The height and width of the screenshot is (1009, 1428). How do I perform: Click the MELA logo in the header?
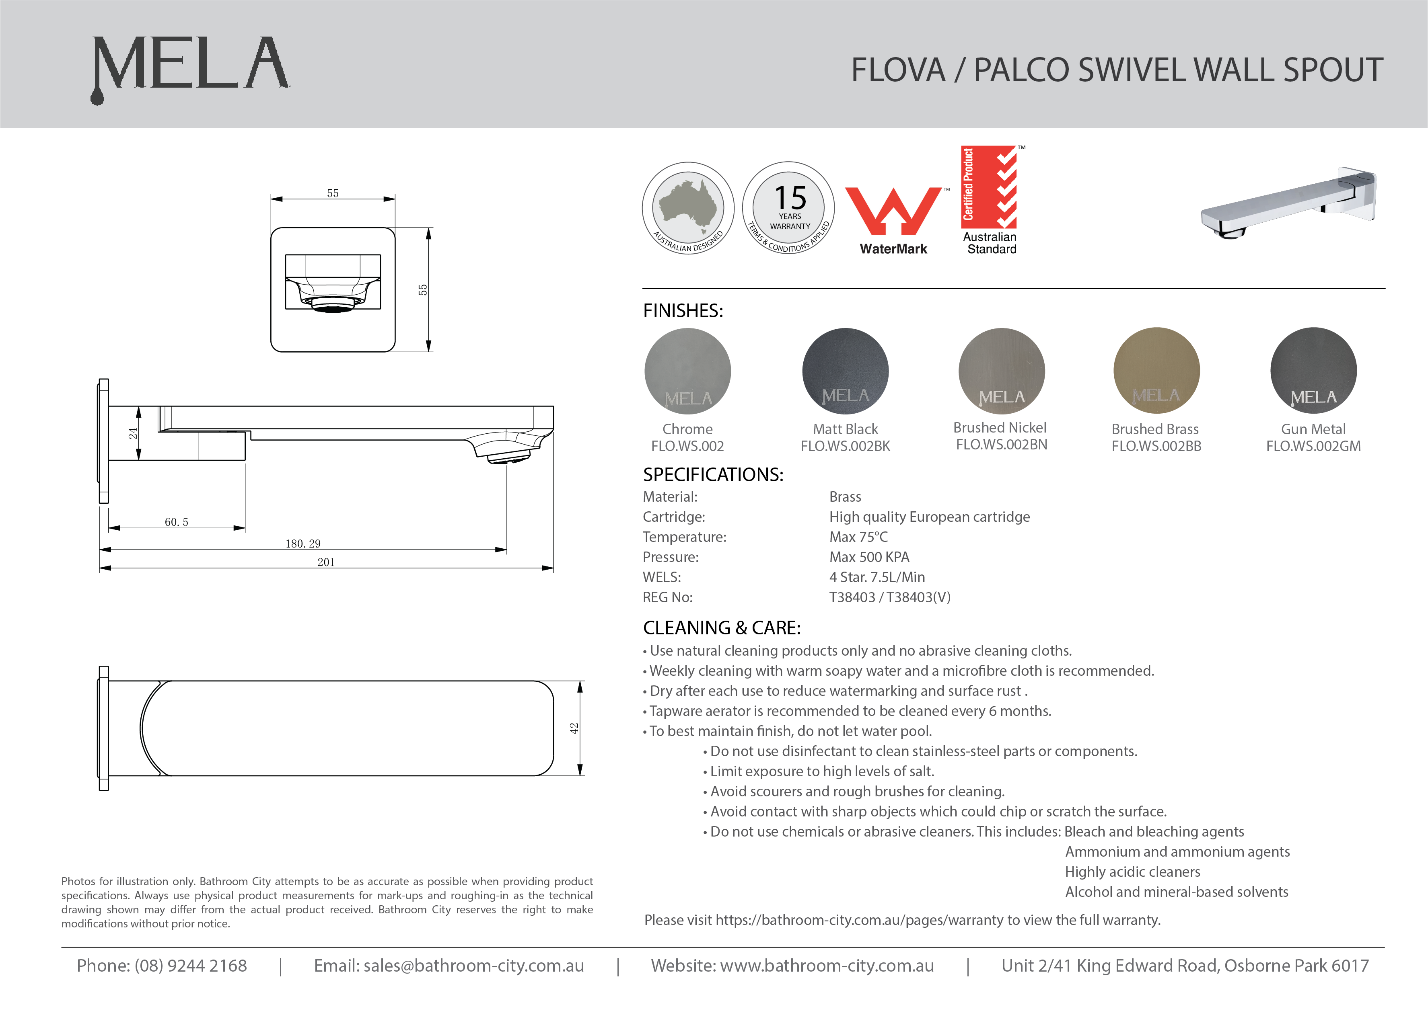[x=190, y=67]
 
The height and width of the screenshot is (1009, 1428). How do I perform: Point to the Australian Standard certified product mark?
[x=990, y=199]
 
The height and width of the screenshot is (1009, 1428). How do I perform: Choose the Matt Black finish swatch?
[x=845, y=371]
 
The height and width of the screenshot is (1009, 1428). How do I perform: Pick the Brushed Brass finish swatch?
[x=1156, y=371]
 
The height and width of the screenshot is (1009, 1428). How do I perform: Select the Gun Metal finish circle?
[x=1313, y=371]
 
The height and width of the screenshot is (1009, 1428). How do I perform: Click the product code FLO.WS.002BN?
[x=1001, y=445]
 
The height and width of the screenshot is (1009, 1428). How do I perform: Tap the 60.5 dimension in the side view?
[x=177, y=522]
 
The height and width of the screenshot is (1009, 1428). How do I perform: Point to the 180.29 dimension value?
[x=303, y=543]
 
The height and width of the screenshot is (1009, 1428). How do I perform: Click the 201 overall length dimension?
[x=326, y=562]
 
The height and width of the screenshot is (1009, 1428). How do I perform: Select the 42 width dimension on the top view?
[x=574, y=728]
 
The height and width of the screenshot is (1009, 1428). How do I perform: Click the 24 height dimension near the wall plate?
[x=132, y=433]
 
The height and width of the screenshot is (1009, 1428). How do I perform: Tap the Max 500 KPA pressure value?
[x=869, y=557]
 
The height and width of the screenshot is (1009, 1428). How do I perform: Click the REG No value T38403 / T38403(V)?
[x=889, y=597]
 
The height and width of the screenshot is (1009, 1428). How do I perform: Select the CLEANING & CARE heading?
[x=722, y=628]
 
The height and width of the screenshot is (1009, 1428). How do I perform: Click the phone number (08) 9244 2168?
[x=190, y=966]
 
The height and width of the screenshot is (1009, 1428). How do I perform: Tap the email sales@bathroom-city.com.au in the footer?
[x=473, y=966]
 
